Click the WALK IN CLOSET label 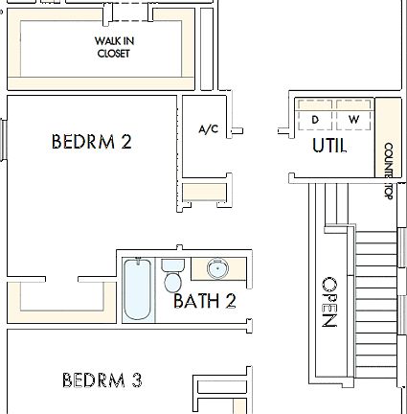click(x=112, y=47)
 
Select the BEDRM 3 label click(x=102, y=380)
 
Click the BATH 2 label click(x=204, y=301)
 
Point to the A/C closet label click(x=209, y=129)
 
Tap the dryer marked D click(x=314, y=119)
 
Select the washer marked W click(x=353, y=119)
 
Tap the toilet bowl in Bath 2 click(x=172, y=283)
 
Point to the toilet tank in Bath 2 click(x=172, y=264)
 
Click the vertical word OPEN click(x=328, y=303)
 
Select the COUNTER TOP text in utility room click(x=388, y=170)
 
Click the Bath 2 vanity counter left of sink click(x=198, y=267)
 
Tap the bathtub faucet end click(x=137, y=264)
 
